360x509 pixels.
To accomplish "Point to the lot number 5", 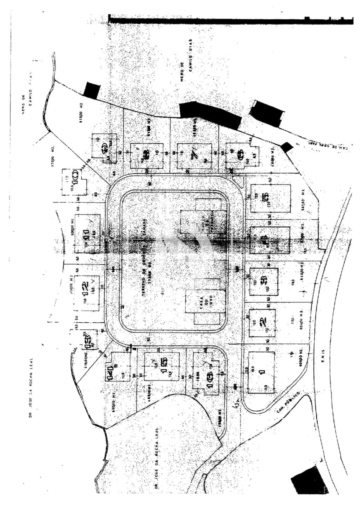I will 265,198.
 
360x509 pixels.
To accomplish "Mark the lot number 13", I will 87,338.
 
